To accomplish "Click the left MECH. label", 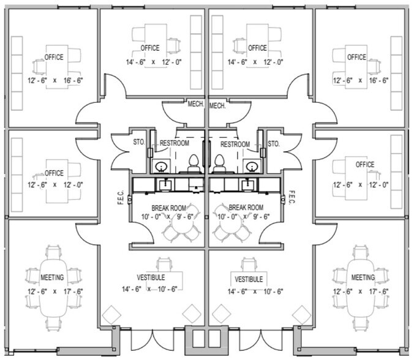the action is [x=196, y=104].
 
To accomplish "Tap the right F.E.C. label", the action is [x=291, y=197].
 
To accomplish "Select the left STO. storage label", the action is [x=139, y=142].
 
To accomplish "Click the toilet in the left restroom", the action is [x=193, y=163].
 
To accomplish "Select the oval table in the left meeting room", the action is [x=53, y=288].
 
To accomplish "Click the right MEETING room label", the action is [x=363, y=277].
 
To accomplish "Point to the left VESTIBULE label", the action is [x=151, y=277].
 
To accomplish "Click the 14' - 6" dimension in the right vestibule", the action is [x=237, y=291].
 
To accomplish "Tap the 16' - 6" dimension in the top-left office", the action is [x=73, y=80].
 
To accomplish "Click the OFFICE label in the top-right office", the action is [x=356, y=57].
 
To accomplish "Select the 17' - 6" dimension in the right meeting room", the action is [x=378, y=291].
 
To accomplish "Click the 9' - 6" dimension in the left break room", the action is [x=186, y=217].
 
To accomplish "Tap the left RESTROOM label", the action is [x=175, y=143].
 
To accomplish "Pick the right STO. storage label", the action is [x=274, y=144].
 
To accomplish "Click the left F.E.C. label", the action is [x=121, y=197].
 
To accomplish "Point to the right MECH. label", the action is [x=217, y=106].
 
